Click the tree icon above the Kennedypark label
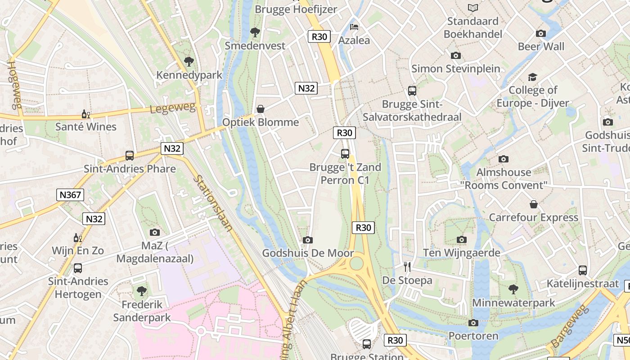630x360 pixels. click(189, 61)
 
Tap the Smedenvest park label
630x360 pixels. click(255, 45)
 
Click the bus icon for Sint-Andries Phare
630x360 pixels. click(130, 156)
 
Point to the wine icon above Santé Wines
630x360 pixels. click(85, 114)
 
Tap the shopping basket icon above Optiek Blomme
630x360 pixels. click(260, 109)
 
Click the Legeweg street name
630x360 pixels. click(173, 108)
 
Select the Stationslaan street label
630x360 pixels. click(213, 203)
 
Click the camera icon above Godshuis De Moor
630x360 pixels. click(308, 240)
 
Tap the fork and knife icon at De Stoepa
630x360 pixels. click(407, 267)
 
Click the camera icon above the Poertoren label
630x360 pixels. click(473, 323)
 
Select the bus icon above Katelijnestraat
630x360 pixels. click(583, 270)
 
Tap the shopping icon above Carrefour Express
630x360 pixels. click(533, 204)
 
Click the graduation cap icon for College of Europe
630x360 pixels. click(533, 77)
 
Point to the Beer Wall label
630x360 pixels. click(541, 46)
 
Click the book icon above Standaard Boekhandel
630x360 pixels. click(472, 8)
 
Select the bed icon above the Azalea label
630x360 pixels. click(354, 27)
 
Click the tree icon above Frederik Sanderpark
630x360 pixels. click(142, 291)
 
